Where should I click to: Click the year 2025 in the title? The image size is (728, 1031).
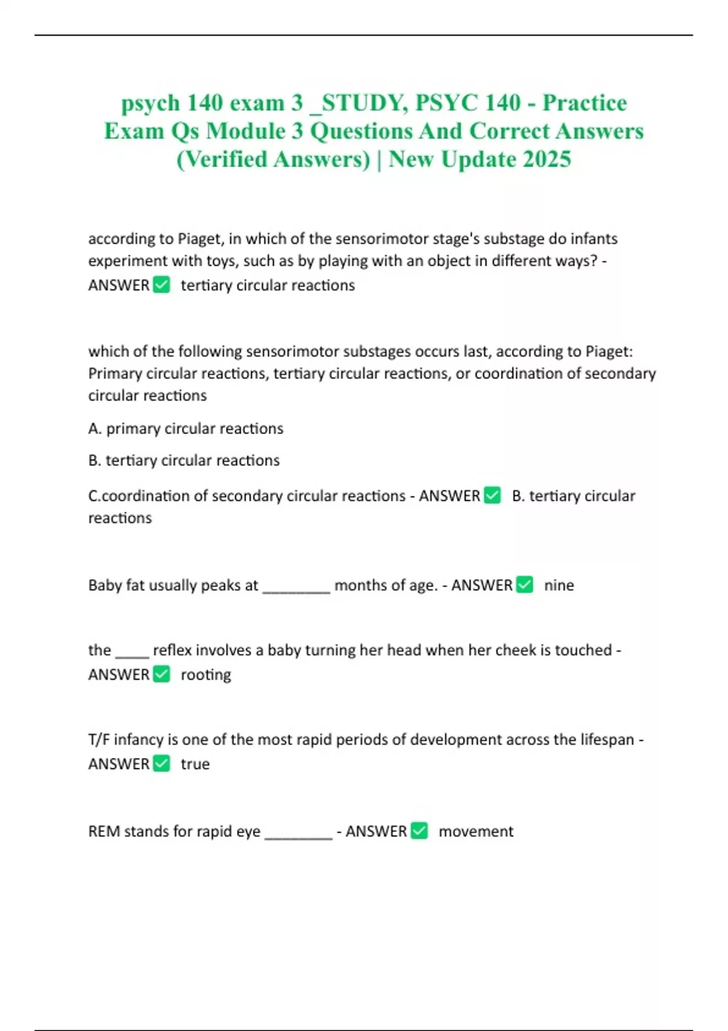point(547,159)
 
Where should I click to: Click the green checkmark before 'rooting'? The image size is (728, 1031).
point(161,674)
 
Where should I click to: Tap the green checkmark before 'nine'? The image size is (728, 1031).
point(525,585)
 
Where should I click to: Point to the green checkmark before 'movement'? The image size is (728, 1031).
point(419,830)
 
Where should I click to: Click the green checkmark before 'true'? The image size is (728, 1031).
point(161,763)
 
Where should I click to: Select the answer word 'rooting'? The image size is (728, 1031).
point(206,674)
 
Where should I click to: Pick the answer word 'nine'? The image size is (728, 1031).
point(559,585)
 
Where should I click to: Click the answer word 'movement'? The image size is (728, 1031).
point(476,831)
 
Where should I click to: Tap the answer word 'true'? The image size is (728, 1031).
point(195,764)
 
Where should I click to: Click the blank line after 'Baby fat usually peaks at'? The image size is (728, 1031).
point(296,589)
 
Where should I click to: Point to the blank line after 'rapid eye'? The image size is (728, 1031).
point(298,836)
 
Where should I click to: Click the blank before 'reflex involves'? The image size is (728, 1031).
point(132,654)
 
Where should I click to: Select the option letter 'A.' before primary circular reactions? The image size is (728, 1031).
point(95,429)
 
